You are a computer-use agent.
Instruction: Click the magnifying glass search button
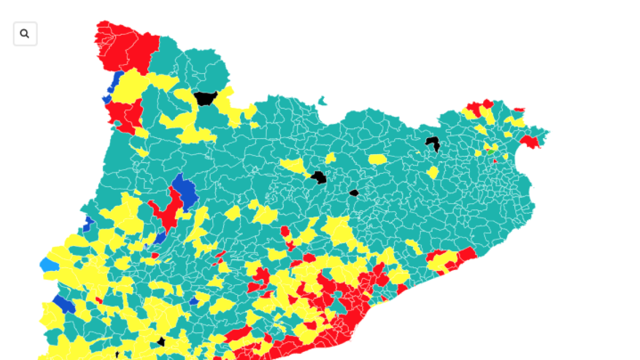(x=25, y=34)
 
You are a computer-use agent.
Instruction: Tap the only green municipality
(x=490, y=152)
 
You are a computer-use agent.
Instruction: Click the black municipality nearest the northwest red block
(x=205, y=98)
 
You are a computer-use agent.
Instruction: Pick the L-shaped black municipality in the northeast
(x=433, y=143)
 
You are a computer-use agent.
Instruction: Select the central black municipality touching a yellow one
(x=319, y=177)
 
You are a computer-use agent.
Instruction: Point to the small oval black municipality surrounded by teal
(x=354, y=193)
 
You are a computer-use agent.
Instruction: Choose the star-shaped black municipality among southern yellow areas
(x=161, y=342)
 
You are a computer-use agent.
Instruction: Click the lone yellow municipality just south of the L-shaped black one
(x=433, y=172)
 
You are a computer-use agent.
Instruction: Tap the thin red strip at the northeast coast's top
(x=519, y=110)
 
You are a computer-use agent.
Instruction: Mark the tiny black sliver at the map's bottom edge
(x=117, y=355)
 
